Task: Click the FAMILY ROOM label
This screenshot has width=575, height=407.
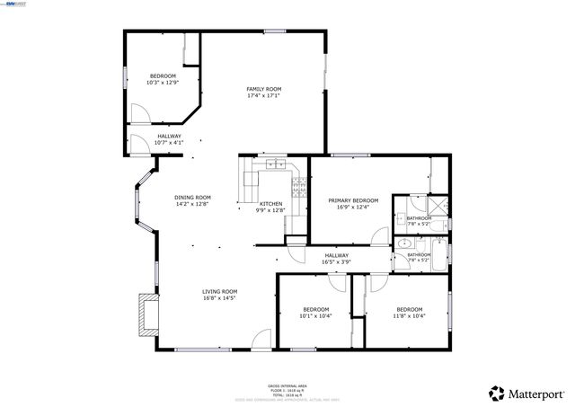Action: point(264,89)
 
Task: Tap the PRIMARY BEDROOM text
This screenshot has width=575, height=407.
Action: point(353,200)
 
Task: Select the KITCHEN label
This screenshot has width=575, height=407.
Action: point(270,204)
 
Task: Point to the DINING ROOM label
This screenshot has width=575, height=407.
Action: point(192,198)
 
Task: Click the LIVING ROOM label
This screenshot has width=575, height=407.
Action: point(219,291)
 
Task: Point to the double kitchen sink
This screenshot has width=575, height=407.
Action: point(276,164)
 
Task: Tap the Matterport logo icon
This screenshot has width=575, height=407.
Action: point(495,393)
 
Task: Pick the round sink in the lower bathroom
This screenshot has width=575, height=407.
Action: point(403,244)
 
